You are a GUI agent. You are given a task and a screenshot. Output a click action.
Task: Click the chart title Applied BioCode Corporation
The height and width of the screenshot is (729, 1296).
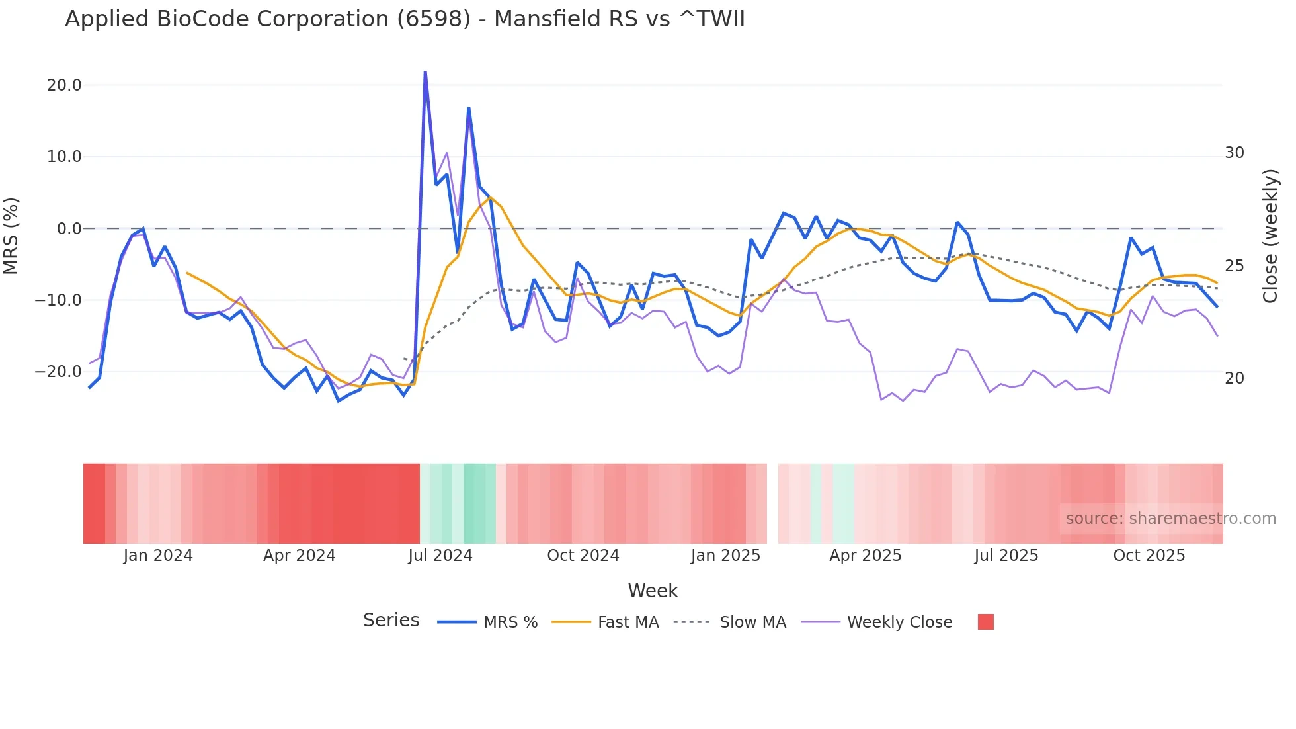click(x=405, y=19)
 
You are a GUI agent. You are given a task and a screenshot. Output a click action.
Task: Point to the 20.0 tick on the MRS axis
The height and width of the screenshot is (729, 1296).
click(x=64, y=85)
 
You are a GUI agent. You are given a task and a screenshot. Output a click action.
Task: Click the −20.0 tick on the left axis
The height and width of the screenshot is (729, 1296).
click(x=58, y=372)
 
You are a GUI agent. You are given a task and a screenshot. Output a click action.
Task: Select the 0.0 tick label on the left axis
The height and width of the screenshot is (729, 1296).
click(x=69, y=229)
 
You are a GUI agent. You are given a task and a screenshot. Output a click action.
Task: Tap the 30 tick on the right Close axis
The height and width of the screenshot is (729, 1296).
click(x=1234, y=153)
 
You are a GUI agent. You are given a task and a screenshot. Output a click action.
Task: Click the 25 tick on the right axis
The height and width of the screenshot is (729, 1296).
click(x=1234, y=266)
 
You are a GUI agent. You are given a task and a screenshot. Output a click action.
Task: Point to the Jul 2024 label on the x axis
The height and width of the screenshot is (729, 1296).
click(x=440, y=556)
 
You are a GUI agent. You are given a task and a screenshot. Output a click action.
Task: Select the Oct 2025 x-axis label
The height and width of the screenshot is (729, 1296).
click(x=1149, y=556)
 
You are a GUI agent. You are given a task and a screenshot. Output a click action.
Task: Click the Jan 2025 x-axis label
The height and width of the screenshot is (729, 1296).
click(x=725, y=556)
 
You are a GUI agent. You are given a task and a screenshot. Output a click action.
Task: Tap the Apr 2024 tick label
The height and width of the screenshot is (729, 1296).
click(x=299, y=556)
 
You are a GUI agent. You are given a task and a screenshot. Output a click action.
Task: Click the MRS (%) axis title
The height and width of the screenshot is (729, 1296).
click(x=11, y=236)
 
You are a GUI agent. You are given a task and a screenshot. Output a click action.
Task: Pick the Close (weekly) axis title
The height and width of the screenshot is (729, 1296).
click(x=1270, y=236)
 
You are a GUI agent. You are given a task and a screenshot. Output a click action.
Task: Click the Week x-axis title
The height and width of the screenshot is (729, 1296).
click(x=653, y=591)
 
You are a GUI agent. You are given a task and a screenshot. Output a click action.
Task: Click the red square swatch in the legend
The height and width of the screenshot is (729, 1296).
click(x=985, y=622)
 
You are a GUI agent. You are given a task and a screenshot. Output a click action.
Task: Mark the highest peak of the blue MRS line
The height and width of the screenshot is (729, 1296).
click(x=425, y=72)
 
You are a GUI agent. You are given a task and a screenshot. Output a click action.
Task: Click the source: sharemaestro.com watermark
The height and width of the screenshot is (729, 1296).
click(x=1170, y=519)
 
